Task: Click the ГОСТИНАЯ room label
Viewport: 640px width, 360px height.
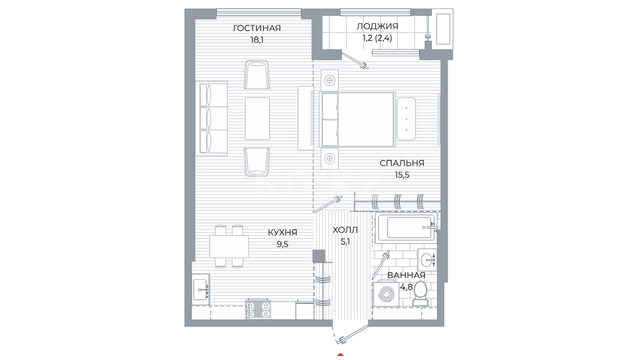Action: [257, 28]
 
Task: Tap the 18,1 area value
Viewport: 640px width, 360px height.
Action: [257, 40]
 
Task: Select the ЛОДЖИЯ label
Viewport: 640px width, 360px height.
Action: [377, 26]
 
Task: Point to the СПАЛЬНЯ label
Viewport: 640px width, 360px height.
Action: [402, 163]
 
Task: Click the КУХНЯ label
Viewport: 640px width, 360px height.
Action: [282, 232]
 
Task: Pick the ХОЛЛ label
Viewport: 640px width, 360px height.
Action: [345, 230]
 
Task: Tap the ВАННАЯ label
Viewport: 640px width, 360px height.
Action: [406, 275]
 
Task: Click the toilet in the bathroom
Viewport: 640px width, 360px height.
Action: [420, 294]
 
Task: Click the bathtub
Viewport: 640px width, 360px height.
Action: [405, 228]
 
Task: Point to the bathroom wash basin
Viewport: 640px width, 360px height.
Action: [427, 260]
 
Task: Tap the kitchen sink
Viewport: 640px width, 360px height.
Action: [200, 290]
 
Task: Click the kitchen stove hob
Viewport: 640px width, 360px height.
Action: [258, 309]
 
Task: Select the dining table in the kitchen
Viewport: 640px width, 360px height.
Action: [229, 246]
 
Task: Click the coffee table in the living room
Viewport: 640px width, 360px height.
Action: [257, 118]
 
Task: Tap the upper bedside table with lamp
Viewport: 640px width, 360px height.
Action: [330, 80]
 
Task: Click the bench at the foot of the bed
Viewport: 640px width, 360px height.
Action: [406, 119]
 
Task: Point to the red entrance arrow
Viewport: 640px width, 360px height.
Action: [340, 354]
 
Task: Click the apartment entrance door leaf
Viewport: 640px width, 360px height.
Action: [353, 335]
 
